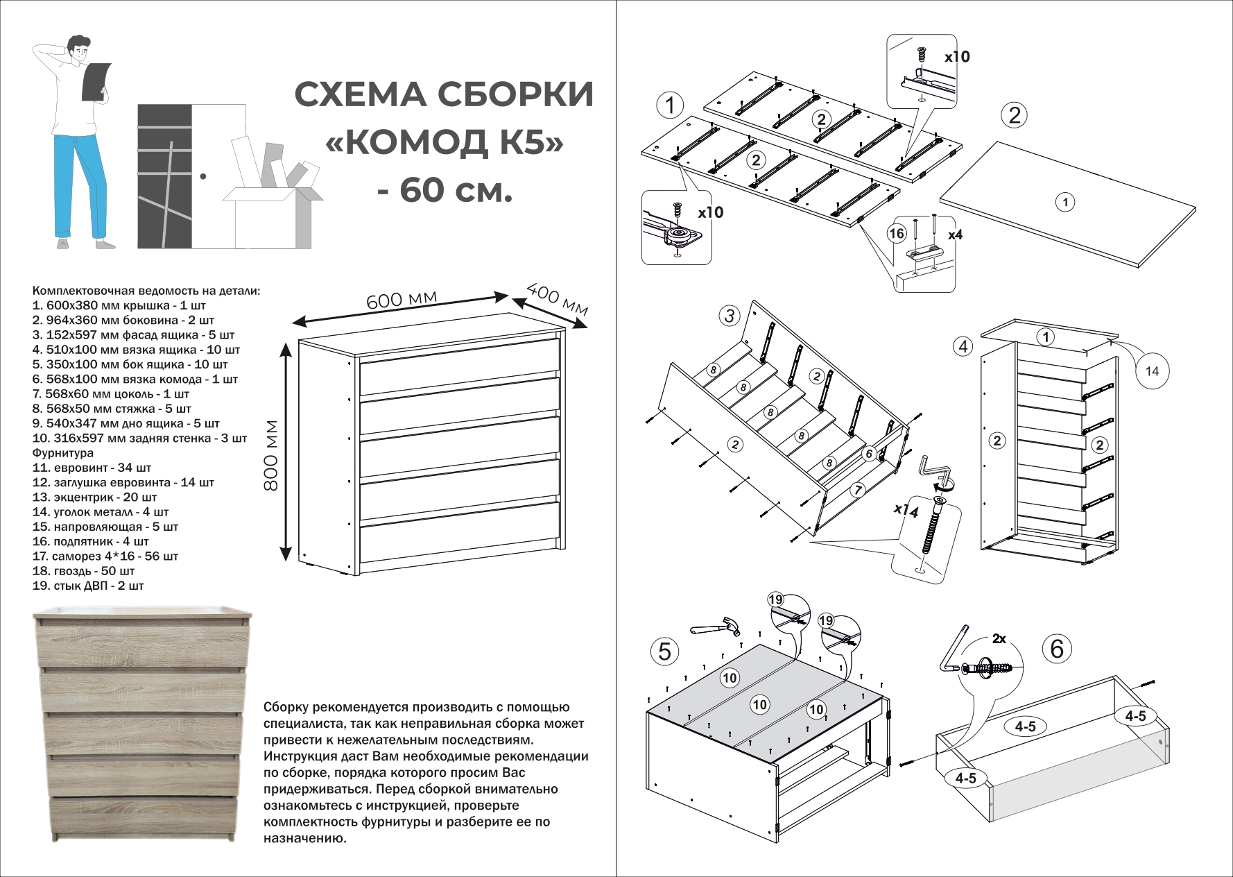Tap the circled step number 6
pos(1057,649)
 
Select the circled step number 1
pos(670,106)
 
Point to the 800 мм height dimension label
pos(271,455)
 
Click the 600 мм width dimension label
pos(402,301)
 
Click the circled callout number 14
pos(1151,371)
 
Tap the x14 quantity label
pos(906,511)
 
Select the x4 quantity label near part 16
pos(955,235)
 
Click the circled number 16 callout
pos(897,233)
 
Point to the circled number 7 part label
pos(858,490)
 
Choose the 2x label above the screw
pos(999,639)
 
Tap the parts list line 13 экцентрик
pos(95,497)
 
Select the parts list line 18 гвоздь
pos(84,571)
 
